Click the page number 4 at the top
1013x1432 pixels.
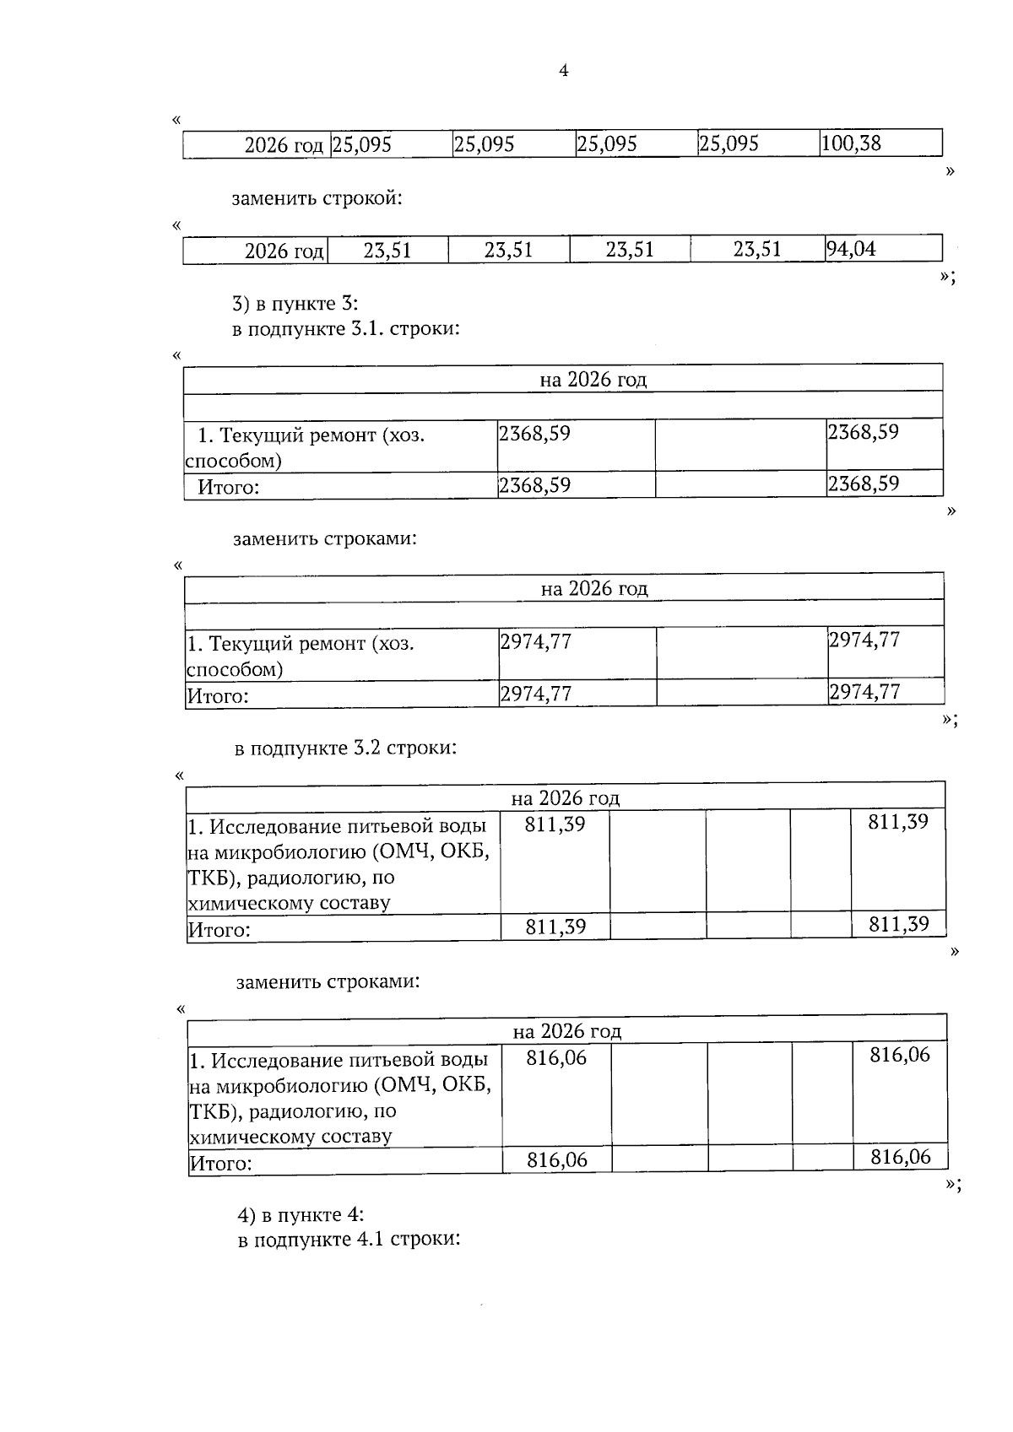point(564,71)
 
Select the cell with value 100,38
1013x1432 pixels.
point(851,143)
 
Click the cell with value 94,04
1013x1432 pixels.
point(852,249)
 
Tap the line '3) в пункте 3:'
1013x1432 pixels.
point(295,303)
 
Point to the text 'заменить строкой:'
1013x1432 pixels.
point(317,199)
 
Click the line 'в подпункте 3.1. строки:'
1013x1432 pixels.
point(346,328)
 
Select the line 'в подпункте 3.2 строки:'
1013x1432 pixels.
point(345,748)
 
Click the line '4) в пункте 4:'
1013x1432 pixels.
point(301,1215)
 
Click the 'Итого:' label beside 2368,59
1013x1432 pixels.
point(228,487)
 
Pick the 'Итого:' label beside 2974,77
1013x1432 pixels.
point(218,696)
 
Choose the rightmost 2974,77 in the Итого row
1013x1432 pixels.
point(864,692)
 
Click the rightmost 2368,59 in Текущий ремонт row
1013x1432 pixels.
point(863,433)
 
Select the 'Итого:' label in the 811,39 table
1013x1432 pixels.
point(219,930)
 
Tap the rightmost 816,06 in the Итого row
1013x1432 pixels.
point(901,1157)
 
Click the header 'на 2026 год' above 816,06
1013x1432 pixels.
point(566,1031)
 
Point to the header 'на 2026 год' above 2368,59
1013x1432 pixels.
point(593,380)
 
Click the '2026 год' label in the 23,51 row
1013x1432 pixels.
point(284,251)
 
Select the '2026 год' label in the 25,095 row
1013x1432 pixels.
point(284,145)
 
